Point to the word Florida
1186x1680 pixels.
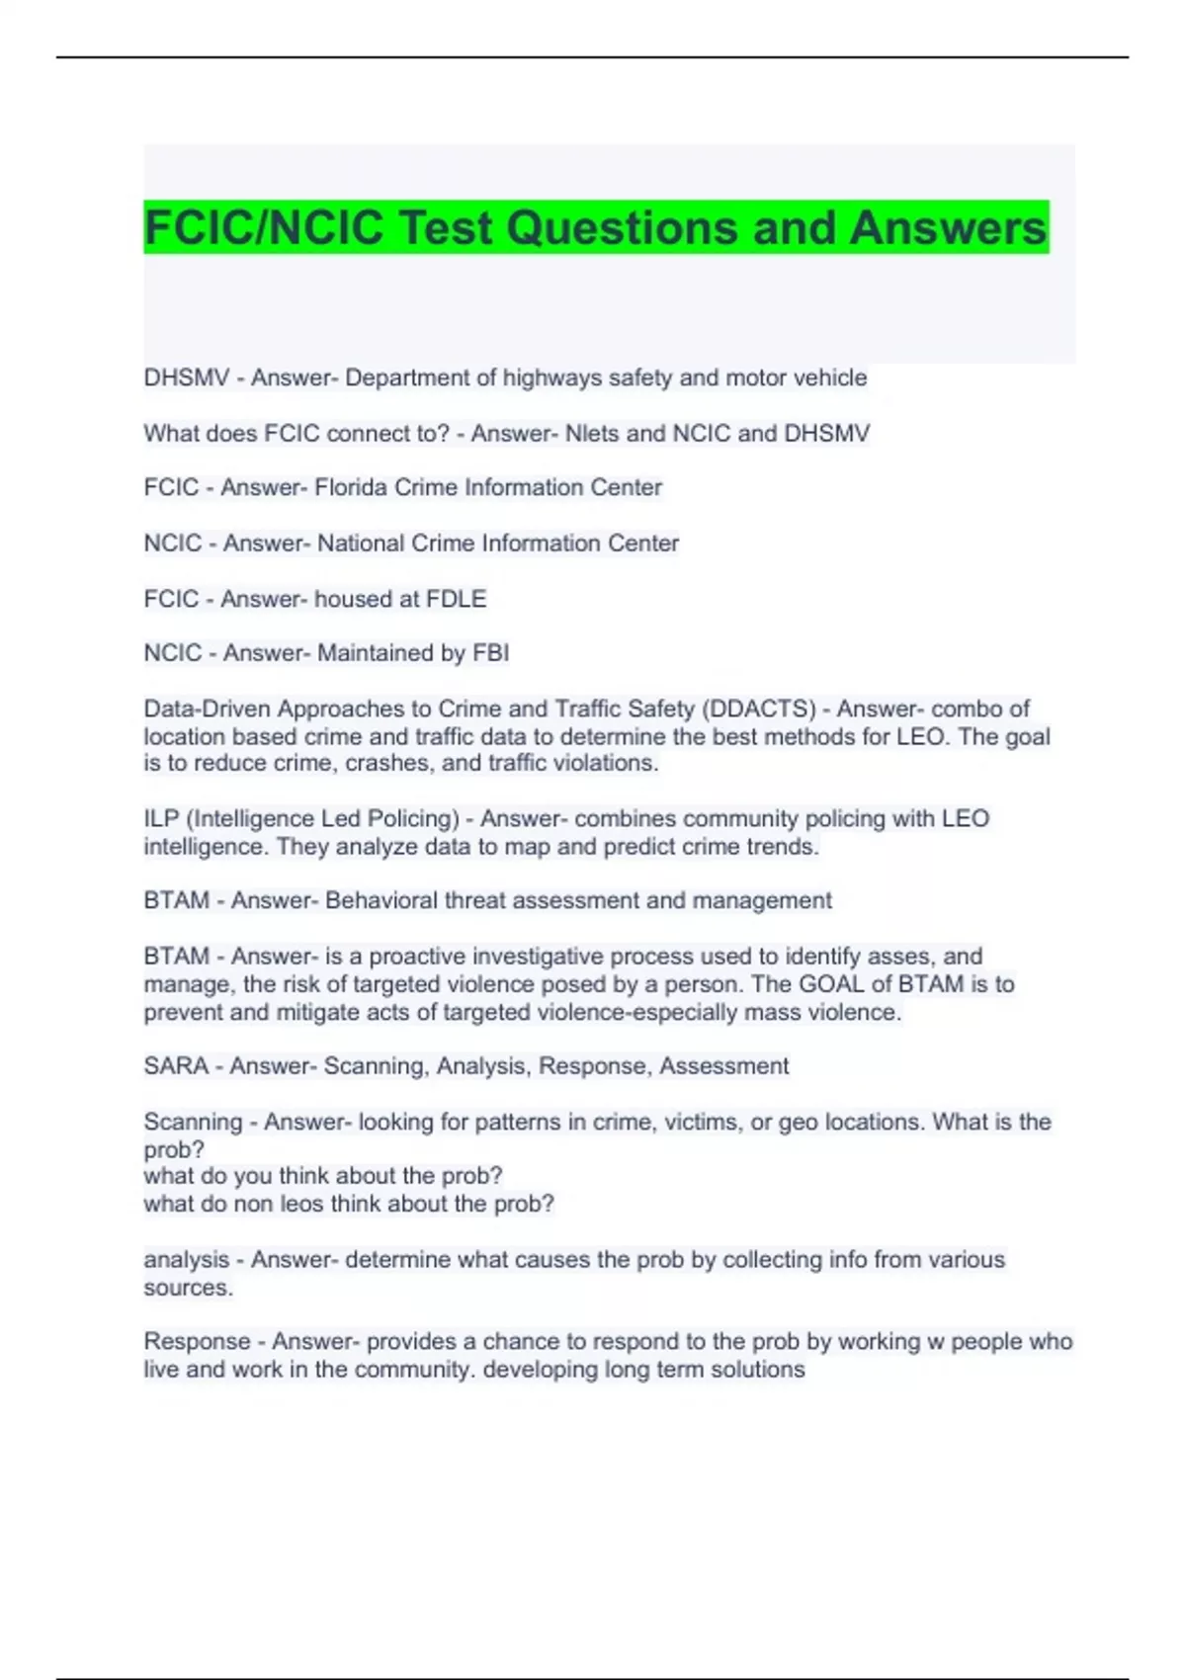[351, 487]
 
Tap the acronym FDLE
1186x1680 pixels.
[456, 599]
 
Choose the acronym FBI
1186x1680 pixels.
[491, 653]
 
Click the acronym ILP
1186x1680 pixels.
[160, 818]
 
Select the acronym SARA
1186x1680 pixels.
[176, 1066]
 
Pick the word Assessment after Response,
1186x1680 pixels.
[723, 1066]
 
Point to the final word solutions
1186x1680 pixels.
[758, 1370]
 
